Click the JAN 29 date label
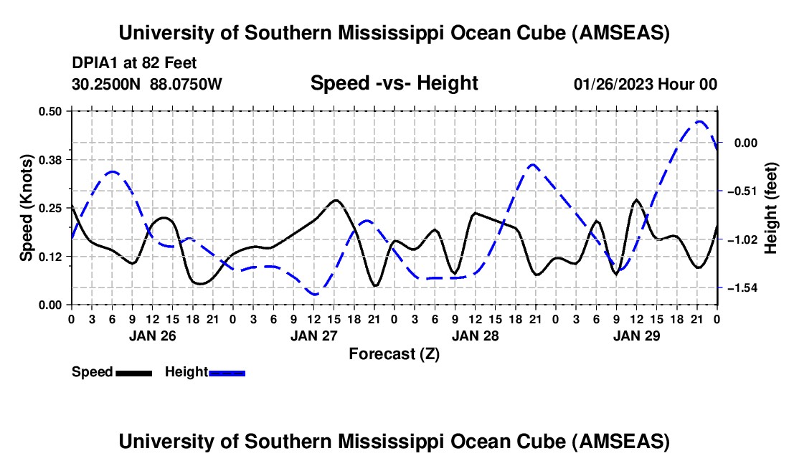click(637, 336)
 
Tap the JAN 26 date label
click(152, 336)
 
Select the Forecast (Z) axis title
click(394, 353)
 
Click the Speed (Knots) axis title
click(26, 208)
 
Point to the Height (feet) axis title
click(772, 208)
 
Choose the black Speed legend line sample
click(133, 373)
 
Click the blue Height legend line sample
click(227, 373)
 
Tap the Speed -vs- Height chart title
click(394, 83)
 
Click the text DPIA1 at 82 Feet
click(134, 63)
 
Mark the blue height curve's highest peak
click(699, 122)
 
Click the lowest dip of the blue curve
click(313, 294)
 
